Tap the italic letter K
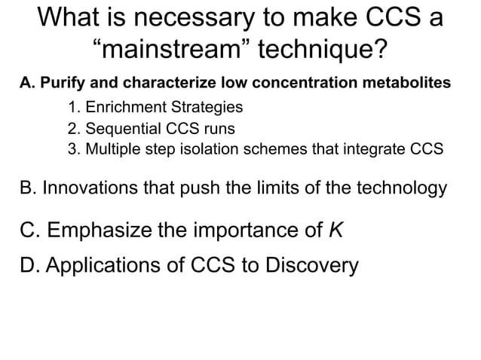pyautogui.click(x=335, y=230)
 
